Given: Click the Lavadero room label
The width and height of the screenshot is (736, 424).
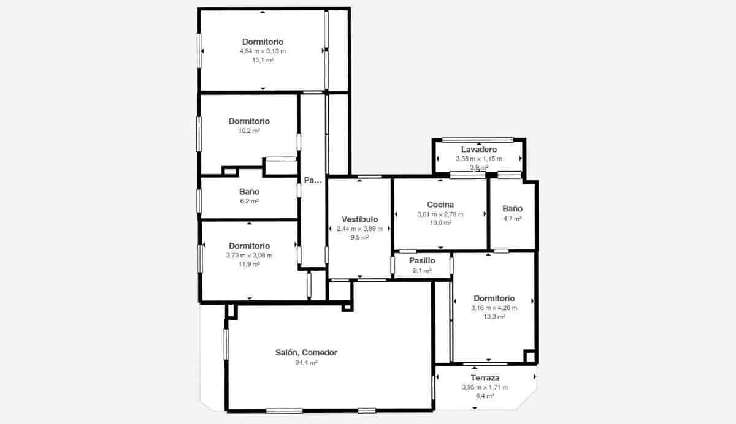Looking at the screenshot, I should pyautogui.click(x=478, y=150).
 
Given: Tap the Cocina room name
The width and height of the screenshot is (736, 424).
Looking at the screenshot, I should pyautogui.click(x=440, y=205).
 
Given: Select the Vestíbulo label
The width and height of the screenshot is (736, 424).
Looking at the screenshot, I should pyautogui.click(x=359, y=219).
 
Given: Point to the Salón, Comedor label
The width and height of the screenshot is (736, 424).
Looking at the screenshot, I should pyautogui.click(x=306, y=353).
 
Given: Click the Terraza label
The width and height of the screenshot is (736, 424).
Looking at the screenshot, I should pyautogui.click(x=485, y=378).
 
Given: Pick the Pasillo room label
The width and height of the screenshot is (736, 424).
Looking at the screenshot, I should pyautogui.click(x=422, y=261).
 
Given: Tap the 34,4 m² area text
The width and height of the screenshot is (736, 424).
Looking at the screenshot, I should pyautogui.click(x=306, y=363).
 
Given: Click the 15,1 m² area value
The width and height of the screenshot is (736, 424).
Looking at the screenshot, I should pyautogui.click(x=263, y=61).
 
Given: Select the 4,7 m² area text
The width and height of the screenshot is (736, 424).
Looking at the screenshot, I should pyautogui.click(x=512, y=218).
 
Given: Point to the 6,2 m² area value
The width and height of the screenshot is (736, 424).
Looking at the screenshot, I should pyautogui.click(x=249, y=202).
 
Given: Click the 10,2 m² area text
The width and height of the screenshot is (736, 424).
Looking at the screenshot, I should pyautogui.click(x=249, y=131).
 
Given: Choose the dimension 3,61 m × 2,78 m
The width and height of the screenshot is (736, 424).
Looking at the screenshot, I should pyautogui.click(x=440, y=214).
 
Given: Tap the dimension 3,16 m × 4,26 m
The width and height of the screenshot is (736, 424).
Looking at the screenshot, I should pyautogui.click(x=494, y=308).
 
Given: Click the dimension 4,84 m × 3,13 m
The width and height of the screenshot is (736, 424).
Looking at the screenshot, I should pyautogui.click(x=263, y=51).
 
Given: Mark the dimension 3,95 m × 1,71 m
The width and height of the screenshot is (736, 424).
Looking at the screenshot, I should pyautogui.click(x=485, y=387).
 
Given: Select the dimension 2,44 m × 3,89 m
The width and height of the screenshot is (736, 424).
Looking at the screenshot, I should pyautogui.click(x=359, y=229).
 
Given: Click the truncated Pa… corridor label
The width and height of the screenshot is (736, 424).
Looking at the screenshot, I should pyautogui.click(x=313, y=180).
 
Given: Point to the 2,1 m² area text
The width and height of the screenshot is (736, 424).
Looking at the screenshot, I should pyautogui.click(x=422, y=270).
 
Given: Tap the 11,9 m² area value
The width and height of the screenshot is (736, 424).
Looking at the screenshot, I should pyautogui.click(x=249, y=265).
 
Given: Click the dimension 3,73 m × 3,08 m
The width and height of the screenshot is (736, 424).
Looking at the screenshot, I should pyautogui.click(x=249, y=256).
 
